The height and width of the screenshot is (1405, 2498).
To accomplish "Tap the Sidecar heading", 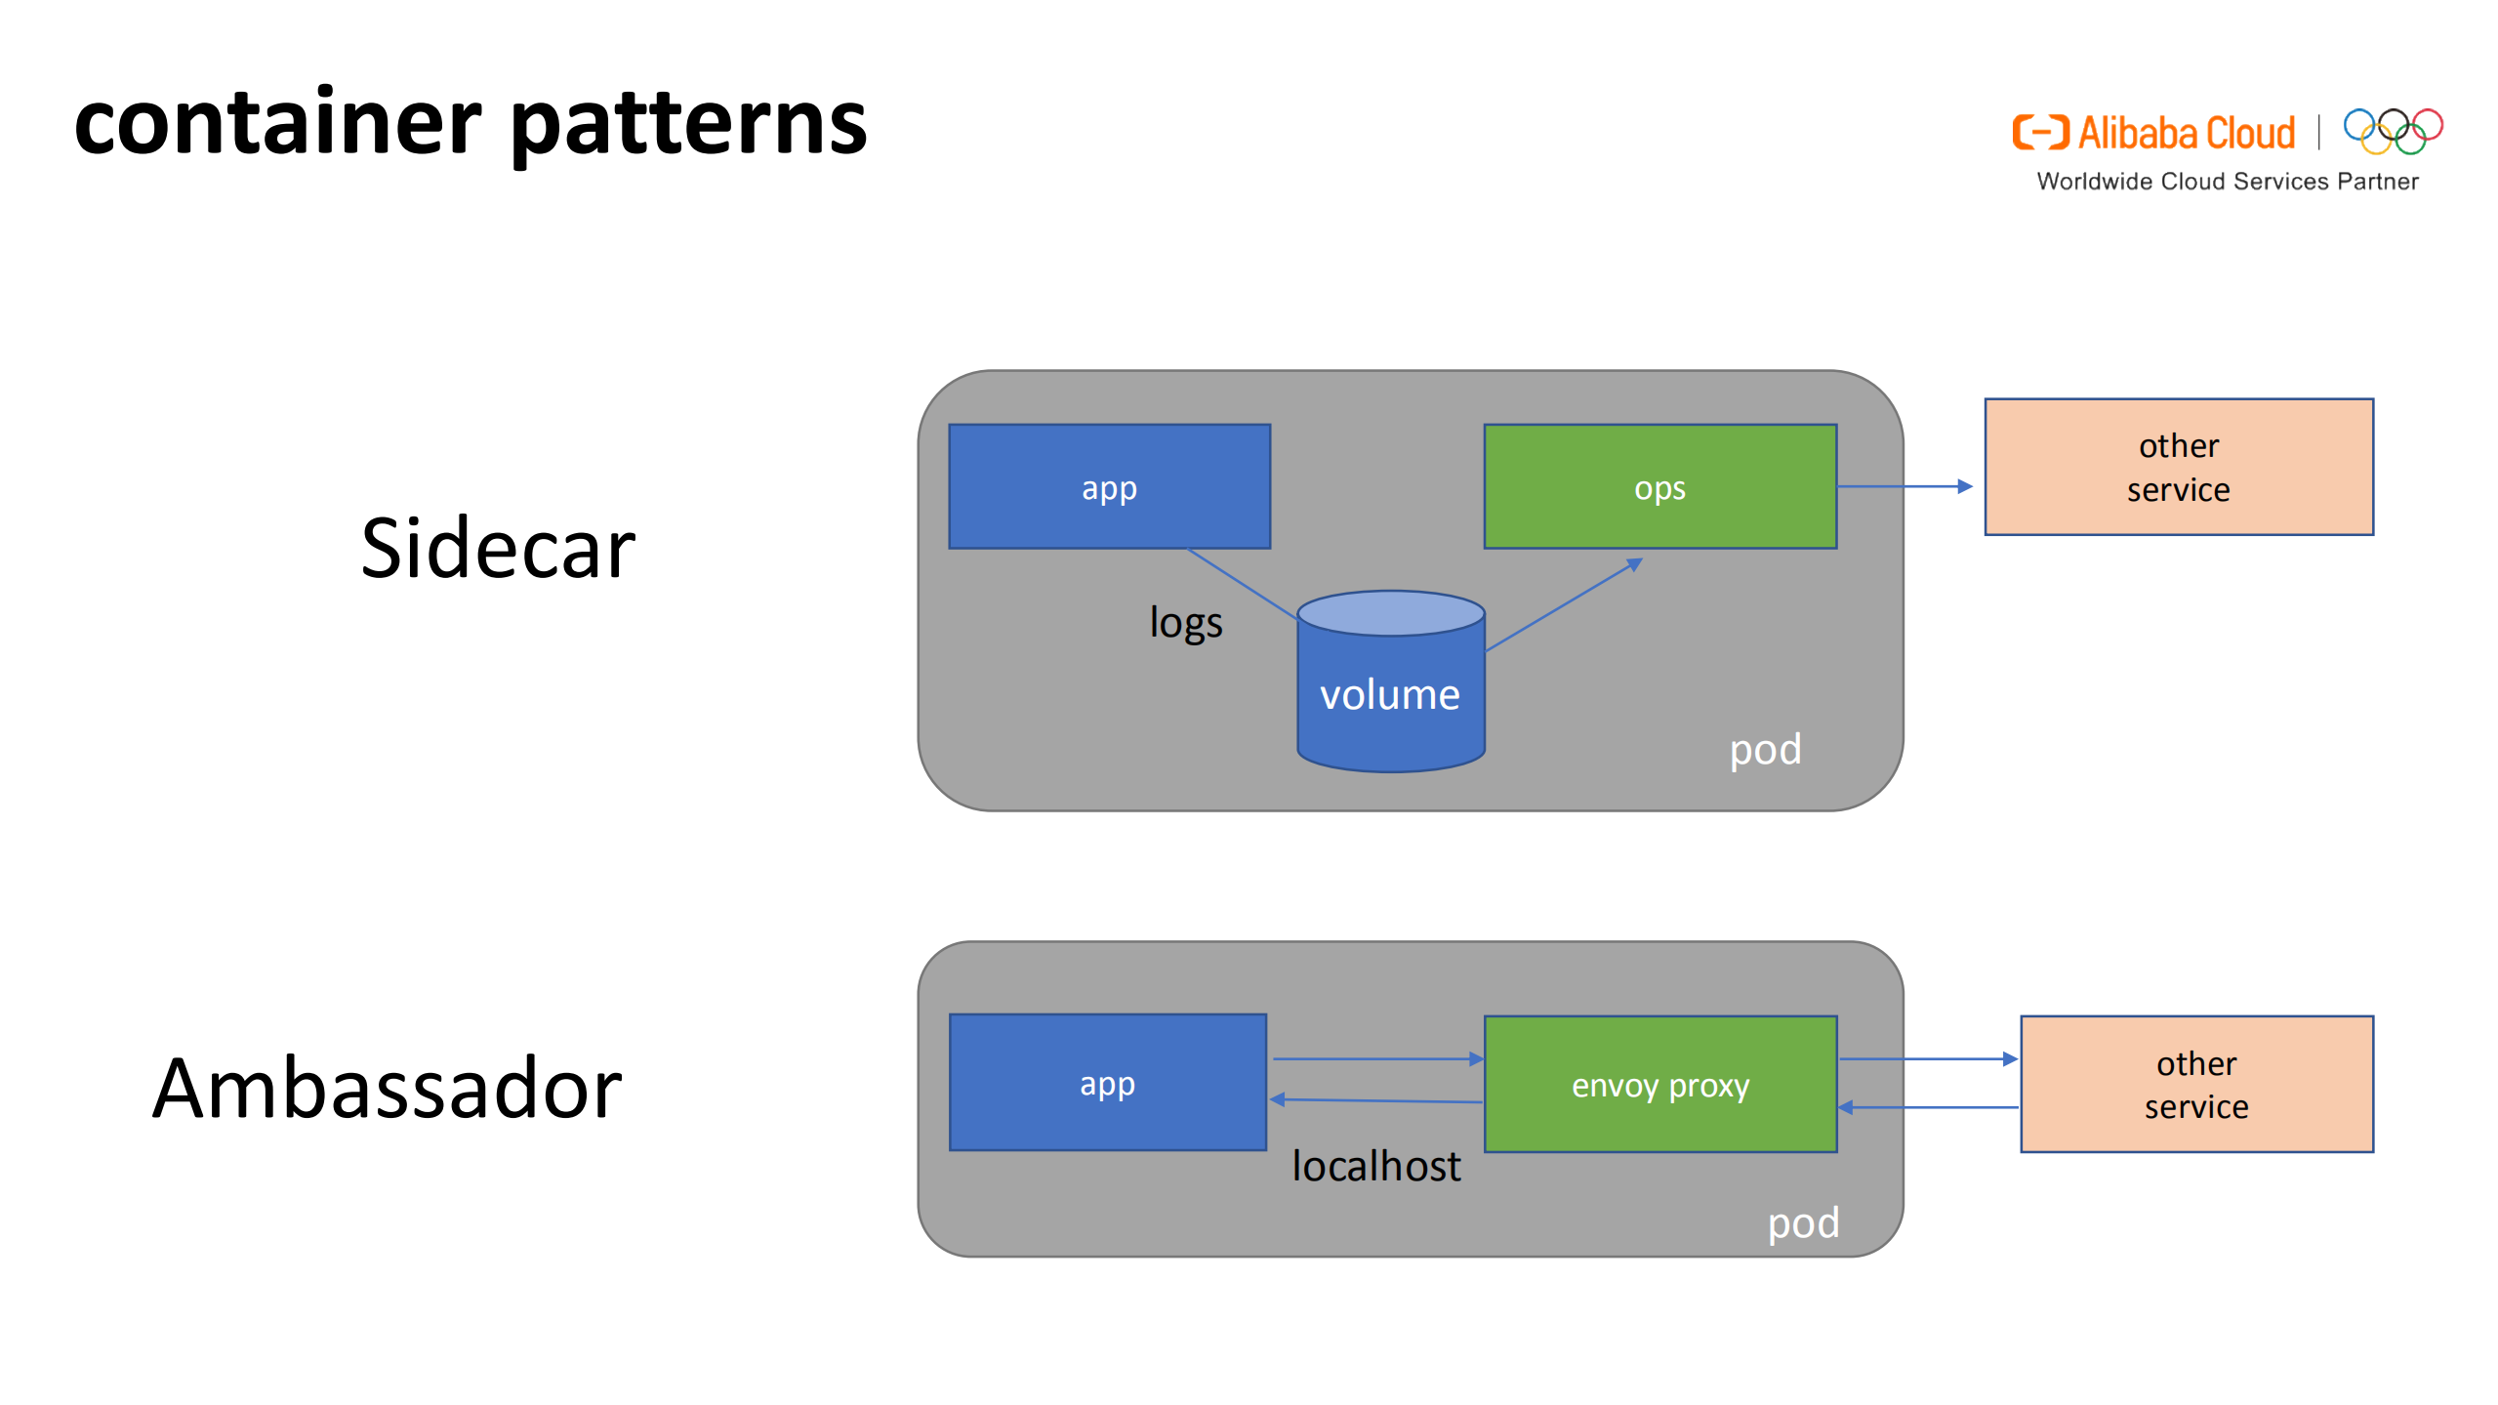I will tap(498, 549).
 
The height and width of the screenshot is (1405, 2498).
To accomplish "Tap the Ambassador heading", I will tap(388, 1088).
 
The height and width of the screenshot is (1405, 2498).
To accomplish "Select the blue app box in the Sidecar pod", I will tap(1109, 486).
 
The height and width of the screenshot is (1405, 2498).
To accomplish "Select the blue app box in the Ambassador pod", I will tap(1107, 1083).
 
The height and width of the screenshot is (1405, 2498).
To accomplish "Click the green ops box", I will tap(1659, 486).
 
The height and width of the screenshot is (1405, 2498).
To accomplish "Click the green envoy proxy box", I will tap(1659, 1085).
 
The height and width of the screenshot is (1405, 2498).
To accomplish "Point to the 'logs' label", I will tap(1185, 623).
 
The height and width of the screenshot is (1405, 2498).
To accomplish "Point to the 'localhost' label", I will tap(1375, 1166).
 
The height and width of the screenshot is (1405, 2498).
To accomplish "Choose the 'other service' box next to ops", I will tap(2178, 467).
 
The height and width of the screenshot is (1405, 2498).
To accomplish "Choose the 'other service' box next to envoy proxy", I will tap(2195, 1084).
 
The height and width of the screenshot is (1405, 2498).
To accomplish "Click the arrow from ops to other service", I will tap(1904, 486).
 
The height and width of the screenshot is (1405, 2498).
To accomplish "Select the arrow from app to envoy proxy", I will tap(1376, 1058).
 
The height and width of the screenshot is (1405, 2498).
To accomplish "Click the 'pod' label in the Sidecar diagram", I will tap(1765, 750).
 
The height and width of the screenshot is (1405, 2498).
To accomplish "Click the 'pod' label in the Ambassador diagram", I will tap(1803, 1222).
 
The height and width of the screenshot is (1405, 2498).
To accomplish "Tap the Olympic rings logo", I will tap(2393, 132).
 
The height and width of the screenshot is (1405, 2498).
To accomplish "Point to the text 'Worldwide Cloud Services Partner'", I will tap(2227, 182).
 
